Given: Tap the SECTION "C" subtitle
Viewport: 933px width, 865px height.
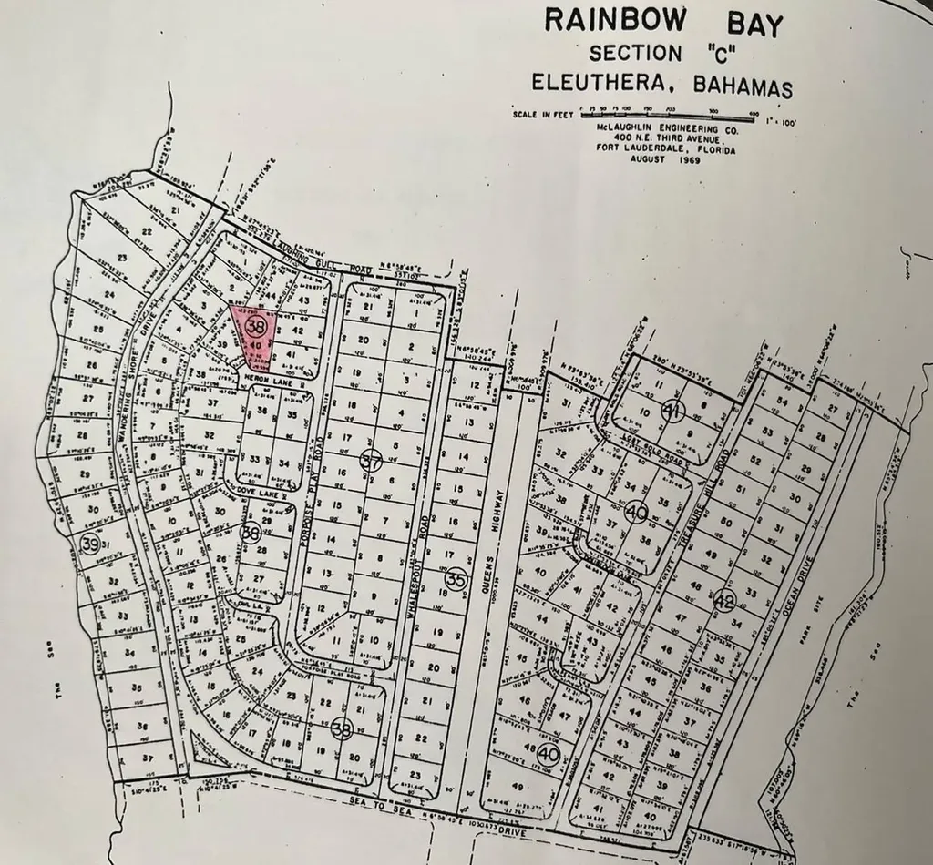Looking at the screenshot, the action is (662, 54).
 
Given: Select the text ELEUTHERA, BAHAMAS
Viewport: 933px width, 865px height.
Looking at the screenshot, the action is (662, 85).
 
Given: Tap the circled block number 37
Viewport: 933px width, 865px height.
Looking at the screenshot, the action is (370, 459).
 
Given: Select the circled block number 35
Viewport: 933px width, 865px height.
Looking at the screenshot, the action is (456, 578).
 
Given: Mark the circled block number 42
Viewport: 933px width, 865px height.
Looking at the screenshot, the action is (724, 600).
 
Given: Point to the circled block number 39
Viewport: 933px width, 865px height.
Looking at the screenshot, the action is (89, 544).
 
